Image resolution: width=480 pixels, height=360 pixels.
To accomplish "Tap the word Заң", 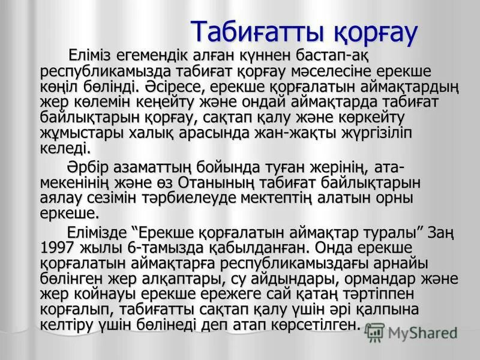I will tap(443, 232).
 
